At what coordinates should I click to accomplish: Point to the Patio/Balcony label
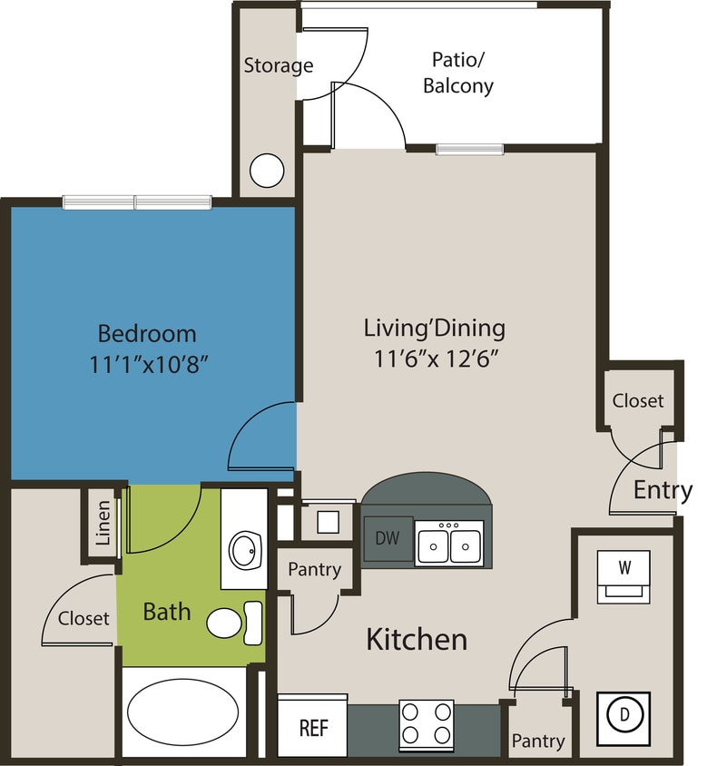tap(462, 73)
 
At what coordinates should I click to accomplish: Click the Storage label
tap(278, 65)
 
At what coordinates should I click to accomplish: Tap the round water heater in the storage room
tap(267, 170)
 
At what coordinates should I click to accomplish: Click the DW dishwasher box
tap(388, 538)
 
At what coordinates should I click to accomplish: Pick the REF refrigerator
tap(313, 728)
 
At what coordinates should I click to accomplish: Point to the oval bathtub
tap(179, 712)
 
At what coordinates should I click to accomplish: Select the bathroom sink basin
tap(244, 549)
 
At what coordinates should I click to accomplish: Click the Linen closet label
tap(103, 523)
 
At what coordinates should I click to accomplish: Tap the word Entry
tap(663, 490)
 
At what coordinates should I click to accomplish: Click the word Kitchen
tap(417, 639)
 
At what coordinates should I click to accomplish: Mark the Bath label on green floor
tap(167, 611)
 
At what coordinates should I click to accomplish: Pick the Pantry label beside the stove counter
tap(538, 741)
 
